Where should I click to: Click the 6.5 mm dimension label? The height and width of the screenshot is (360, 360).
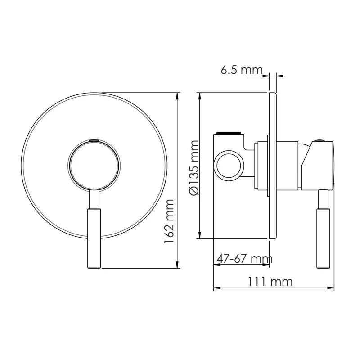(x=241, y=70)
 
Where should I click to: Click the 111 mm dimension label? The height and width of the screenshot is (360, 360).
(x=270, y=282)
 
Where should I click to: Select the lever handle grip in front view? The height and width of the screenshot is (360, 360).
(x=94, y=238)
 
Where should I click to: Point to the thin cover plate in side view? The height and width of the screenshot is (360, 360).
(x=272, y=166)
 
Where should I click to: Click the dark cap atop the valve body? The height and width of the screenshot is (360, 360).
(x=229, y=133)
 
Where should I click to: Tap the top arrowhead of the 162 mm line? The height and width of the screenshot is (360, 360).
(x=178, y=96)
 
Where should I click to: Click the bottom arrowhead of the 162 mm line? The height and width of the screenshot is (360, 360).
(x=178, y=265)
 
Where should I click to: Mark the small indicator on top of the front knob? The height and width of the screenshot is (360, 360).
(x=94, y=140)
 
